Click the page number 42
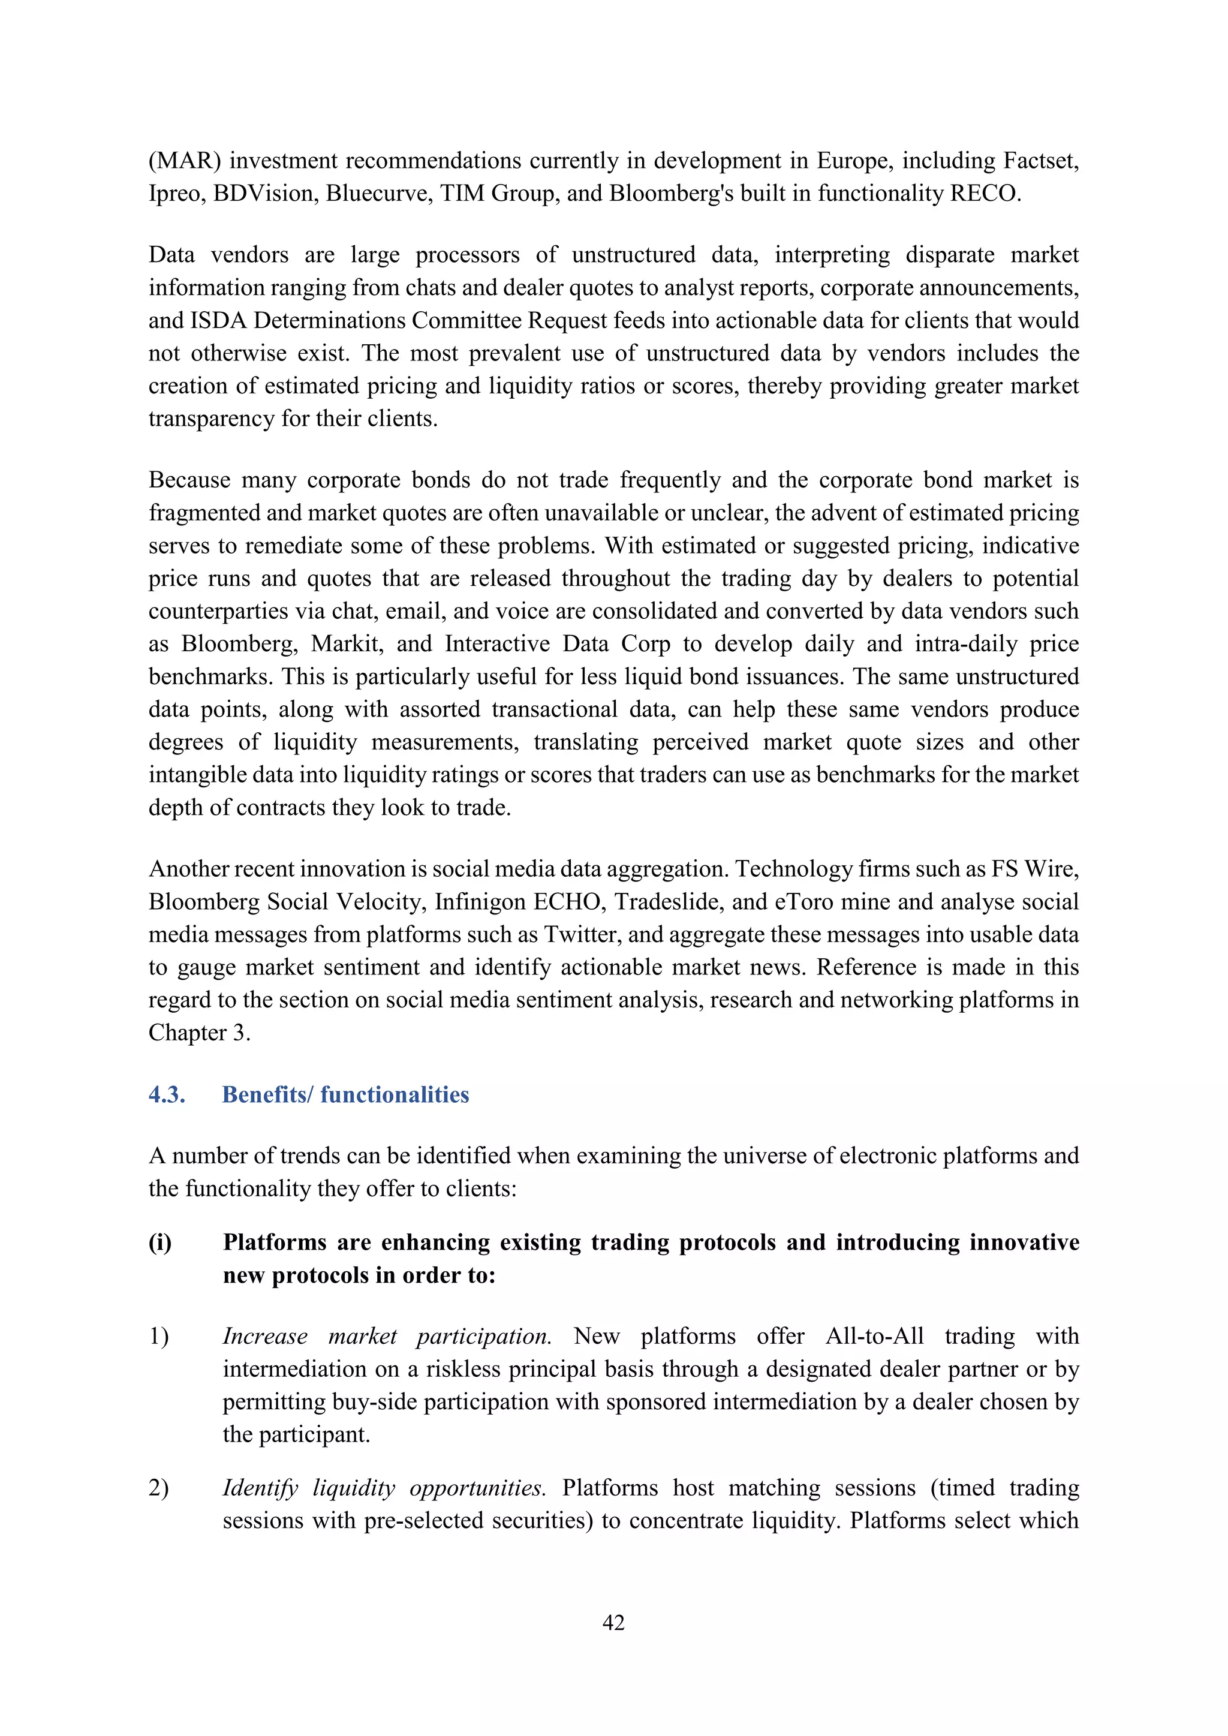pos(613,1623)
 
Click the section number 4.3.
pos(167,1095)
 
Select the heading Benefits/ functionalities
pos(345,1095)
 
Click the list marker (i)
pos(159,1242)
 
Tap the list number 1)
pos(159,1336)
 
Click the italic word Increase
pos(264,1336)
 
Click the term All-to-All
pos(874,1336)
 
